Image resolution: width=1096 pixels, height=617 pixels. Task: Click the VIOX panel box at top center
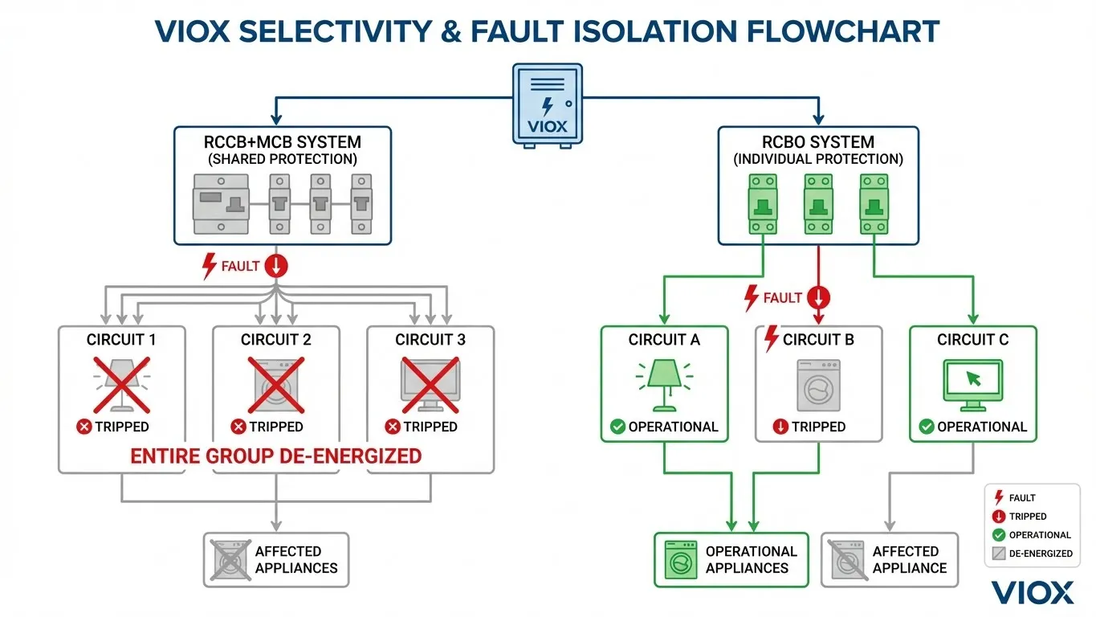(x=548, y=105)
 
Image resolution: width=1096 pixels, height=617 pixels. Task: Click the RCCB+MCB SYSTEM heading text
(x=283, y=142)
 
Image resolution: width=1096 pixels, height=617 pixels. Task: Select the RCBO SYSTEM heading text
(x=818, y=142)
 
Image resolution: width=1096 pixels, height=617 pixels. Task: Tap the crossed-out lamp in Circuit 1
(x=121, y=383)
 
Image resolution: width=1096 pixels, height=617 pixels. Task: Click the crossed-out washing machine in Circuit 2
(x=275, y=383)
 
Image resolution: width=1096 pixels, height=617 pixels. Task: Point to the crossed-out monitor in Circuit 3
(x=430, y=383)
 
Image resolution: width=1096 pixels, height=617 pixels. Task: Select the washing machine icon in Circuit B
(x=818, y=385)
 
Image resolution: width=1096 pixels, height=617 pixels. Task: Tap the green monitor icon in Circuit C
(x=972, y=383)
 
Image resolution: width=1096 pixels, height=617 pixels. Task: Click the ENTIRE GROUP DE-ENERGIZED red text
(x=275, y=456)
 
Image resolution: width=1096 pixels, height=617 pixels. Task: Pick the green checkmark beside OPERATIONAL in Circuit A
(x=617, y=427)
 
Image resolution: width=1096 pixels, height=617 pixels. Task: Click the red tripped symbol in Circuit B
(x=780, y=427)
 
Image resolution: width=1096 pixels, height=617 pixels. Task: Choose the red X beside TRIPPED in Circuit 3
(x=393, y=427)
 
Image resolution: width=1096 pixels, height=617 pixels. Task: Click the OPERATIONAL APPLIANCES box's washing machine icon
(x=679, y=560)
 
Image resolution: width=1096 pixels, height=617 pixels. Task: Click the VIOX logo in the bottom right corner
(x=1032, y=593)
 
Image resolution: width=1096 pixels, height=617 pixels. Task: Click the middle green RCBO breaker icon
(x=818, y=204)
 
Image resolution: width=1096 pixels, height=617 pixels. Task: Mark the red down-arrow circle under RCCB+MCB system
(x=275, y=266)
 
